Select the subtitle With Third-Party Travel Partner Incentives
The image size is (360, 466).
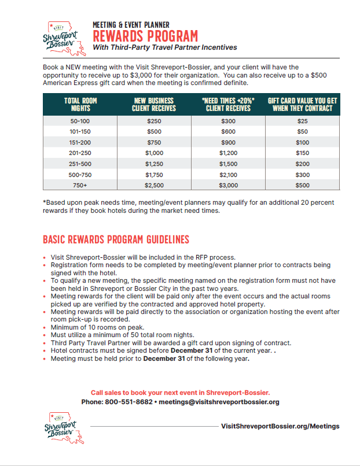point(164,47)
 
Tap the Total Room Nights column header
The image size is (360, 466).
point(80,104)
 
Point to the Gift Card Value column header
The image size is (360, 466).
point(302,104)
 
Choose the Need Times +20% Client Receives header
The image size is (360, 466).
point(228,104)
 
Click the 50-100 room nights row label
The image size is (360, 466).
point(80,121)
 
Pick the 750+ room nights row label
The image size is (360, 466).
point(80,185)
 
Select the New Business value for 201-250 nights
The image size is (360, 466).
point(154,153)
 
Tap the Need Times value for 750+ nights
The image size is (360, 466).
point(228,185)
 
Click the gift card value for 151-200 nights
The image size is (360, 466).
point(303,142)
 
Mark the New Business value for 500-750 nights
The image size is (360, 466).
point(154,175)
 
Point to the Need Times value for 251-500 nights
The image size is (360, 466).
point(228,164)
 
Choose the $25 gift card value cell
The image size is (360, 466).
point(303,121)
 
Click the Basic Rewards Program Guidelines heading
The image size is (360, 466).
point(116,239)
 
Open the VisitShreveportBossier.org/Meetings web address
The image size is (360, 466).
point(280,426)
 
